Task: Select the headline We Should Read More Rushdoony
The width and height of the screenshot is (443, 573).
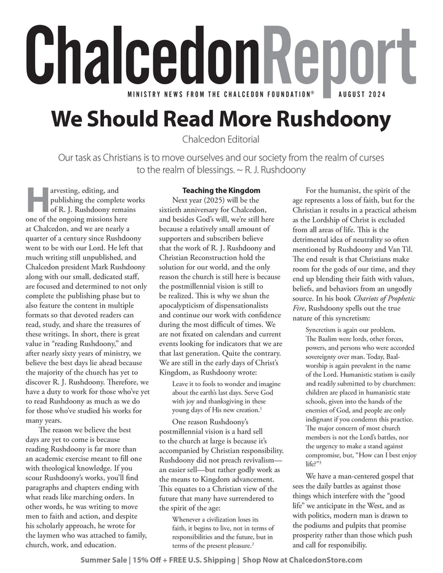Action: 221,118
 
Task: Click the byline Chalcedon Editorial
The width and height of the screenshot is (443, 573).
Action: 221,140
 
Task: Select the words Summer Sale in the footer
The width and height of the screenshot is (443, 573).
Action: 103,560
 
